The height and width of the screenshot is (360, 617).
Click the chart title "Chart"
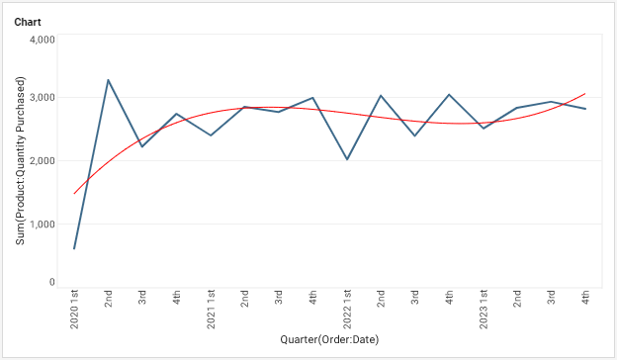point(28,21)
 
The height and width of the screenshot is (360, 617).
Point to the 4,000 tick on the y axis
point(42,40)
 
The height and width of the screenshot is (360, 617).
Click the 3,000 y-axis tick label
point(42,98)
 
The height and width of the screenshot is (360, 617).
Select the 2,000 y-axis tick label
point(42,160)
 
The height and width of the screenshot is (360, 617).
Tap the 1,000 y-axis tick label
point(42,224)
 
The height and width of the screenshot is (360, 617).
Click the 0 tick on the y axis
point(50,283)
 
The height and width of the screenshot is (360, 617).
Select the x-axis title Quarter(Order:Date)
point(329,340)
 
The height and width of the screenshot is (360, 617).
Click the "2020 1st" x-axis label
point(74,310)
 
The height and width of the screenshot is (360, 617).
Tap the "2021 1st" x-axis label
point(211,310)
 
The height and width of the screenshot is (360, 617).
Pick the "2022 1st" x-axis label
point(347,310)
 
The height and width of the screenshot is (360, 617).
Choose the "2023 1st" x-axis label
point(484,310)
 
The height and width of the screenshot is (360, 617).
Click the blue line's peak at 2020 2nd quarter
point(108,80)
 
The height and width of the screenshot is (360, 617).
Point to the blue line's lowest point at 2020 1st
point(74,248)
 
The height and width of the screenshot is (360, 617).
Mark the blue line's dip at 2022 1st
point(347,159)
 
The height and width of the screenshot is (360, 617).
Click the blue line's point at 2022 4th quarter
point(449,95)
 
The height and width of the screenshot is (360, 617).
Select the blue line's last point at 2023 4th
point(585,109)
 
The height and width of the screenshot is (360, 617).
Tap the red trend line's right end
point(585,94)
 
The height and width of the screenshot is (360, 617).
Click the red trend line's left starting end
point(74,193)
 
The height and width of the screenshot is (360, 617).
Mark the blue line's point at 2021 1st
point(211,135)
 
